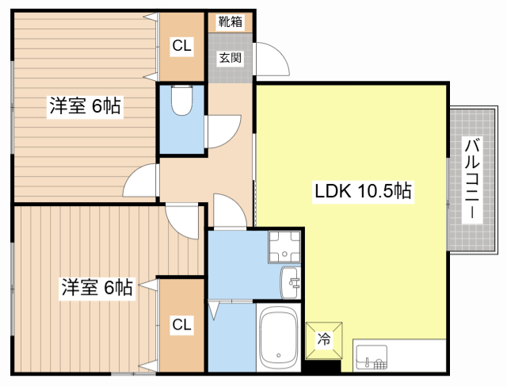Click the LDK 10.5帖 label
click(x=363, y=191)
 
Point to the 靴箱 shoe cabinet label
click(x=230, y=22)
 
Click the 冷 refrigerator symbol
click(x=325, y=339)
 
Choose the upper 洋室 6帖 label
click(x=86, y=106)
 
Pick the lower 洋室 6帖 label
click(x=97, y=287)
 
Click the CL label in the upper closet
click(x=181, y=47)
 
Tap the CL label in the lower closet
click(x=181, y=323)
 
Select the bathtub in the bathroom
click(x=278, y=337)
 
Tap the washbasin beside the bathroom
click(x=290, y=281)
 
